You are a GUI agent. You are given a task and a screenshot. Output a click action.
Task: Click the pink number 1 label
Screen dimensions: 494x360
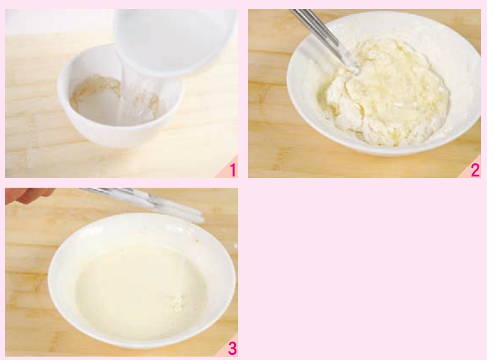233,170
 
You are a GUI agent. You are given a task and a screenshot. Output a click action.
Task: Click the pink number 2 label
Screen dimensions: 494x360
475,170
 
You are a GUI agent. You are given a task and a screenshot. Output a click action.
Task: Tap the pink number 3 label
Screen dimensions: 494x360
232,349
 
